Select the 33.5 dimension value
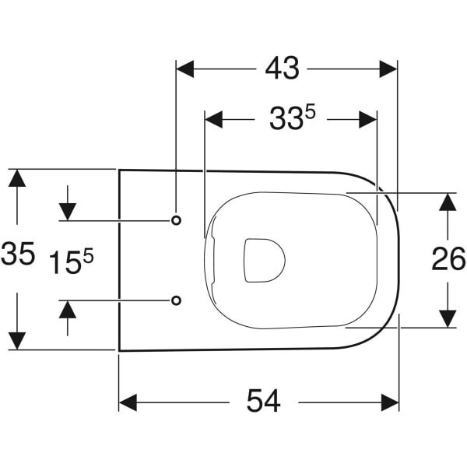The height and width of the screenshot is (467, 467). [291, 119]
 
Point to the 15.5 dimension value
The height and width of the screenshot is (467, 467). [72, 263]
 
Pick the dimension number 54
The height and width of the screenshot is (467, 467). [263, 402]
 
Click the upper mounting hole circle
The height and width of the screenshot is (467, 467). [176, 220]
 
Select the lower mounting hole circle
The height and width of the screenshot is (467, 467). [176, 300]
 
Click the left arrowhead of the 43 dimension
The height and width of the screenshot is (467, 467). [185, 69]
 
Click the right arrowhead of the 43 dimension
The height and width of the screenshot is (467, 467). [388, 69]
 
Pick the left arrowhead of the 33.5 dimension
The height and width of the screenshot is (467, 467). [213, 119]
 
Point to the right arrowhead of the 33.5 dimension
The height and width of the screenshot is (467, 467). [367, 119]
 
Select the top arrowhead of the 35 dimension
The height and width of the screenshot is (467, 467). [17, 178]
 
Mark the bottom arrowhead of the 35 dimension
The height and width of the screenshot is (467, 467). [17, 340]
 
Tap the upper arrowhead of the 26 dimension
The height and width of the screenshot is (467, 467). [447, 202]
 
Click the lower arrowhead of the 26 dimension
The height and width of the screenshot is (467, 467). [447, 318]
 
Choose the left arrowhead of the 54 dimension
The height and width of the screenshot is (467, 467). [128, 402]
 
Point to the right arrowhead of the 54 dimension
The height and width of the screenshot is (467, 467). [390, 402]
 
